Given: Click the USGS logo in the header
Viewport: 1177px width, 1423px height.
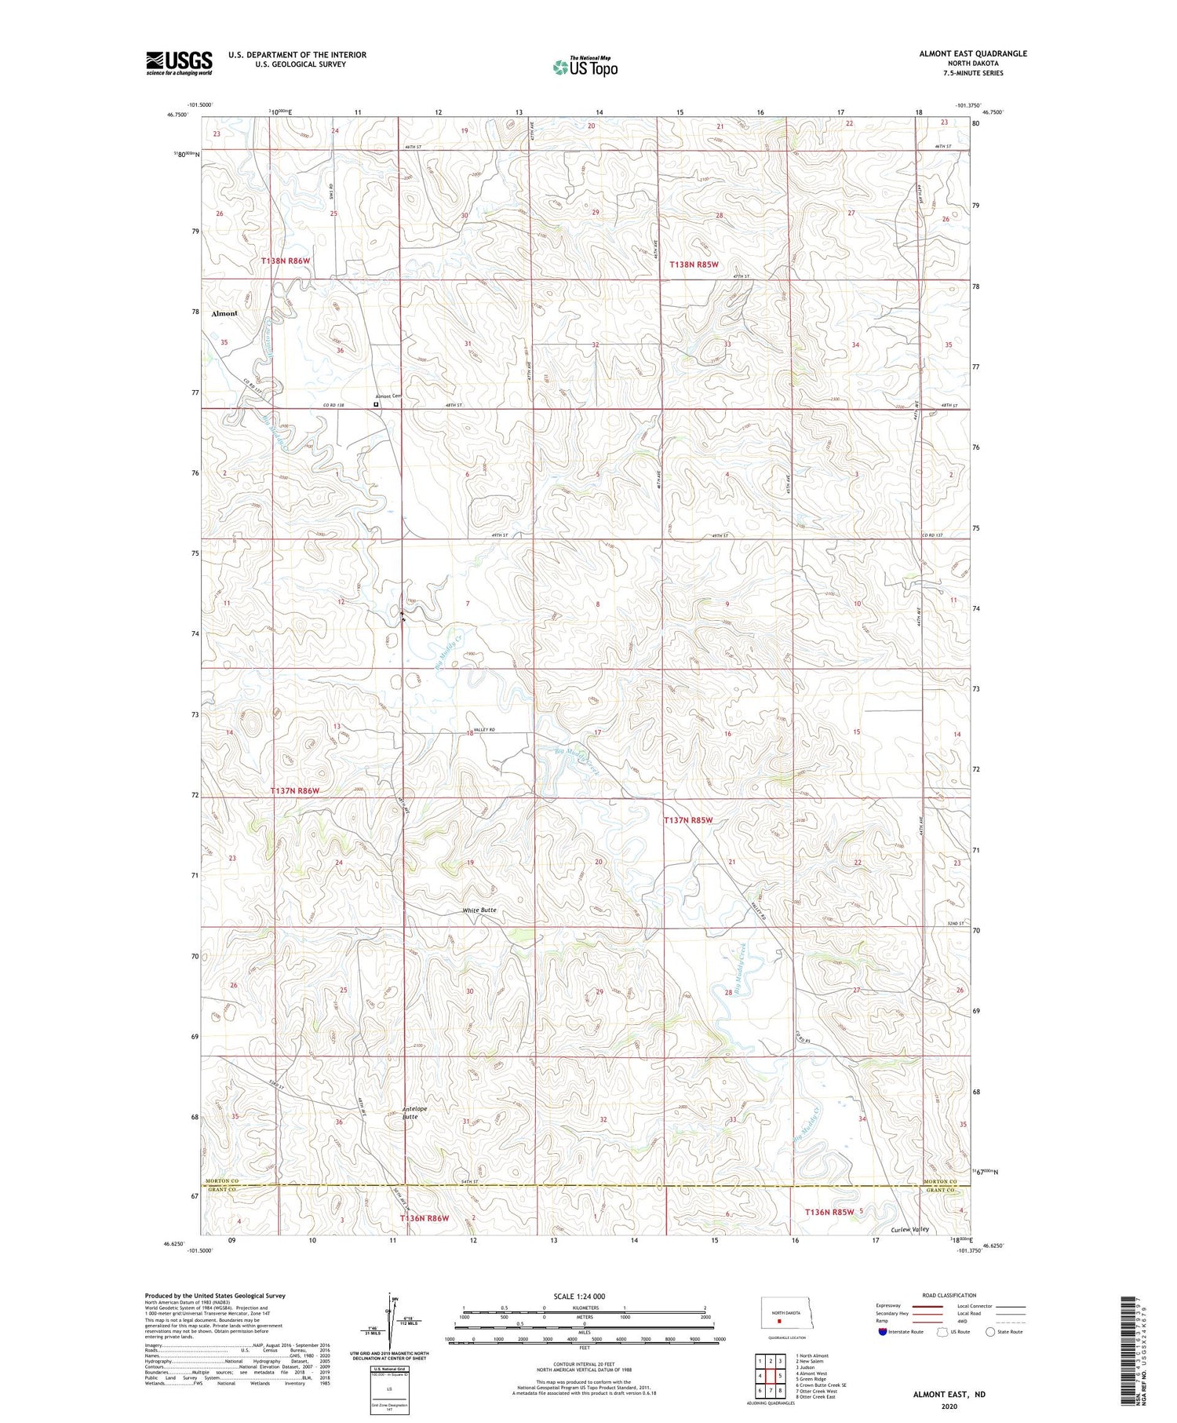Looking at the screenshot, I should (x=179, y=63).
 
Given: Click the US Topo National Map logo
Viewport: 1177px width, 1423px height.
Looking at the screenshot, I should (x=585, y=67).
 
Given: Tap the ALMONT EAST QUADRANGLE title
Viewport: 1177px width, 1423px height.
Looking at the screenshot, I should (x=972, y=53).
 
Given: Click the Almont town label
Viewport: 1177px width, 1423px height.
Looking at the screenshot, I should (x=224, y=313).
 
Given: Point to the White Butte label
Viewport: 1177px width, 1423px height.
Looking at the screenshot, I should (x=479, y=910).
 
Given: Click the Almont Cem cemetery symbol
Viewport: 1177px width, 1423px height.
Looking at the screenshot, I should (x=376, y=406).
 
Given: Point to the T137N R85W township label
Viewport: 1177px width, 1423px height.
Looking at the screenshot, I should (x=689, y=820).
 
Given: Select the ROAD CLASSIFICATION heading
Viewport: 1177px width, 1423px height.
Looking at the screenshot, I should (x=949, y=1295).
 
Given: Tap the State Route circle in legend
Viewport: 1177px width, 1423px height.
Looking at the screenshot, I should (x=990, y=1332).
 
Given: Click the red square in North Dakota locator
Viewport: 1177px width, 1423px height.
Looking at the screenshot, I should (x=779, y=1320).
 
